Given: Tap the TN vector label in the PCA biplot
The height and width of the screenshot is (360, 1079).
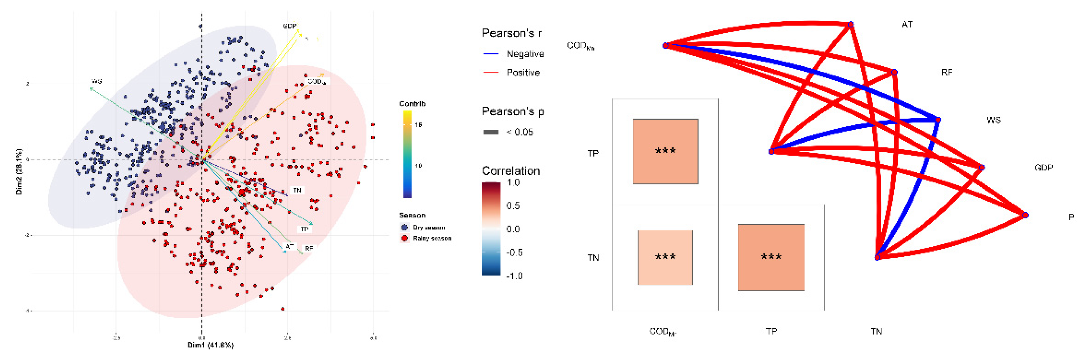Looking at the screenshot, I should pos(297,190).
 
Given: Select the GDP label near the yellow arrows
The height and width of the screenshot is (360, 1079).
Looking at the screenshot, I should pos(289,26).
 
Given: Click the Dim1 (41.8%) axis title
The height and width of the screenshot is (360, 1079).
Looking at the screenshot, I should pos(211,345).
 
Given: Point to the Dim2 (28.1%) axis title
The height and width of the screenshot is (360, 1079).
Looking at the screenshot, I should pos(19,172).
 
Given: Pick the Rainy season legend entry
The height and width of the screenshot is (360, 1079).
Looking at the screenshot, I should pos(432,238).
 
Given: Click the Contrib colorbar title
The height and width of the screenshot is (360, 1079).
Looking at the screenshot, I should pos(412,103).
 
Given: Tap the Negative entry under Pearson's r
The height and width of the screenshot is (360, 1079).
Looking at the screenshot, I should pos(525,54).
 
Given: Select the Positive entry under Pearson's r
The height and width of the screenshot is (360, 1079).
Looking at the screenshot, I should pos(523,72).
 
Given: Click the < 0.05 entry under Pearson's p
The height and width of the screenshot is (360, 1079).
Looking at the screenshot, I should pos(520,132).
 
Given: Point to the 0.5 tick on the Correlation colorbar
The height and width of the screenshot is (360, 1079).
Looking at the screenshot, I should pos(513,206).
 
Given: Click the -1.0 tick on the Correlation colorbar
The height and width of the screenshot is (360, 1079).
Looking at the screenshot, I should pos(514,276).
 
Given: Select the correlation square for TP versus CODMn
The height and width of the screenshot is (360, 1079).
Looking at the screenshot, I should pos(665,151).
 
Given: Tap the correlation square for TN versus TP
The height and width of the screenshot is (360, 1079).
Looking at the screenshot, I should pos(771,257).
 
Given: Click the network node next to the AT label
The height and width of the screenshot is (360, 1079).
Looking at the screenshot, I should pos(851,25).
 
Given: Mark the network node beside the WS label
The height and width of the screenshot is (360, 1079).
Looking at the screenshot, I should pos(938,120).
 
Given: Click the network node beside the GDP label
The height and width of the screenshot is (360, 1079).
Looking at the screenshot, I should pos(982,168).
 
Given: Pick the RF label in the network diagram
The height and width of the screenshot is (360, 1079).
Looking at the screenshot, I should pos(947,72).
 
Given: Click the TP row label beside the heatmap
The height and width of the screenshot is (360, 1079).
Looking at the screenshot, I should pos(593,154).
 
